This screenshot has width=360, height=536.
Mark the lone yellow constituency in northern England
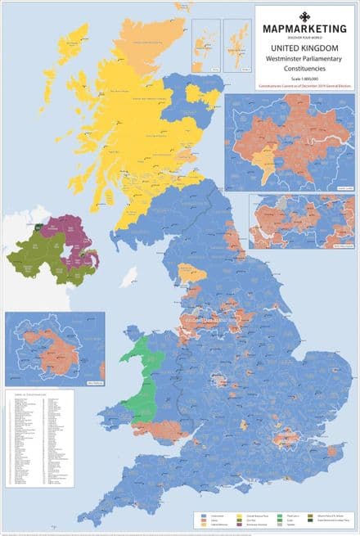pos(191,272)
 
